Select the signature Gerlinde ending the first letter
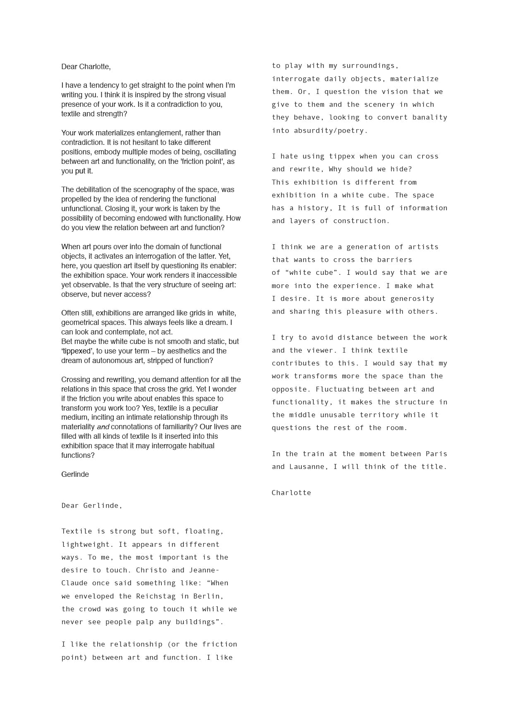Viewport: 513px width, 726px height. (75, 474)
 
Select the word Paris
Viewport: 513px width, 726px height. (436, 454)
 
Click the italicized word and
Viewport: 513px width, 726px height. (103, 427)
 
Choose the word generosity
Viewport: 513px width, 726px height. (412, 298)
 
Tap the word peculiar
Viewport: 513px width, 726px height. (204, 408)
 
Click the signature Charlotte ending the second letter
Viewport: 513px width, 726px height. (291, 493)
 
